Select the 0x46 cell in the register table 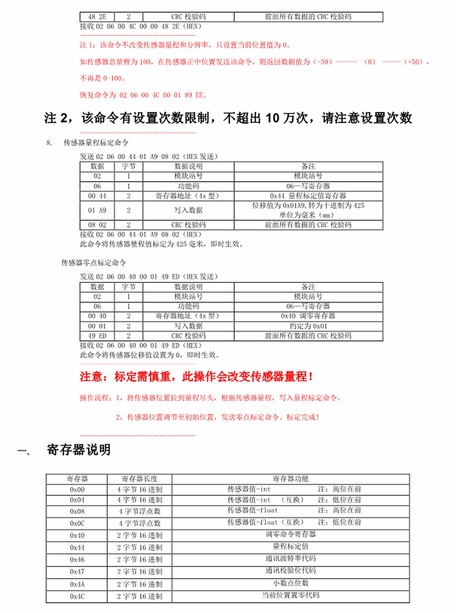pyautogui.click(x=77, y=559)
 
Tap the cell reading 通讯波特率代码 pyautogui.click(x=291, y=558)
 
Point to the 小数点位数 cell pyautogui.click(x=291, y=583)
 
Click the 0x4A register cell pyautogui.click(x=77, y=583)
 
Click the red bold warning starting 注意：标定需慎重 pyautogui.click(x=197, y=377)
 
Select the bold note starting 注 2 pyautogui.click(x=227, y=118)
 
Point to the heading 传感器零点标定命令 pyautogui.click(x=93, y=263)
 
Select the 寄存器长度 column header pyautogui.click(x=140, y=478)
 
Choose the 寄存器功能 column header pyautogui.click(x=291, y=478)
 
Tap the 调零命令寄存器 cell pyautogui.click(x=291, y=534)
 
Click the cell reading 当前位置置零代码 pyautogui.click(x=291, y=595)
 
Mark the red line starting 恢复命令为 pyautogui.click(x=142, y=94)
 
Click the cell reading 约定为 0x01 pyautogui.click(x=308, y=326)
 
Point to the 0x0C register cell pyautogui.click(x=77, y=523)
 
